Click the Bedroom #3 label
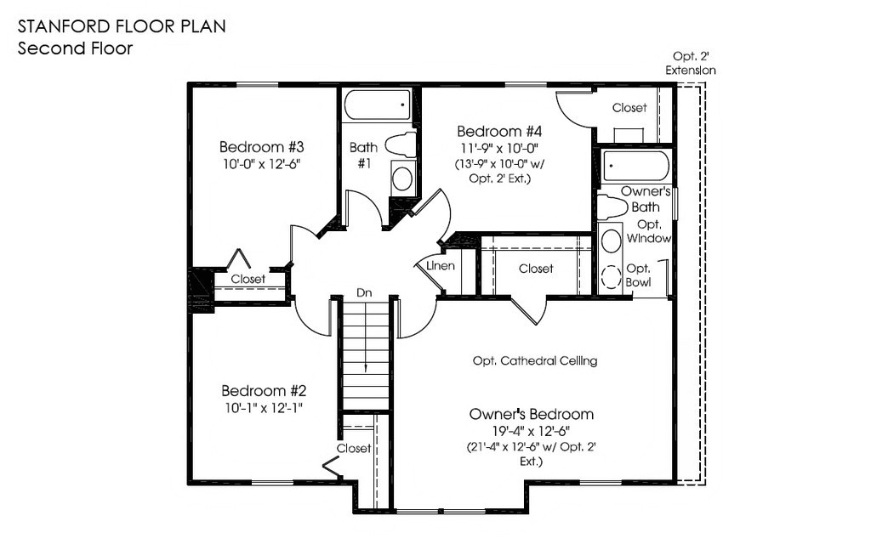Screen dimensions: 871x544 (x=262, y=147)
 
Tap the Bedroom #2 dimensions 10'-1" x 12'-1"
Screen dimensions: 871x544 (x=264, y=408)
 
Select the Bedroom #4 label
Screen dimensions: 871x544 (x=499, y=132)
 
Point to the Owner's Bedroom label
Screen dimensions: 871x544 (x=532, y=414)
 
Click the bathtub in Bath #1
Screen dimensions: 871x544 (x=377, y=105)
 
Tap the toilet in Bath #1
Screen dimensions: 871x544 (x=400, y=144)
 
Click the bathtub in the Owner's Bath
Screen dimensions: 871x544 (x=636, y=166)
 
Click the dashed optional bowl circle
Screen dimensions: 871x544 (x=612, y=276)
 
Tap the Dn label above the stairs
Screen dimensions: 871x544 (x=364, y=292)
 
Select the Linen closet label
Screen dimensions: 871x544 (x=441, y=266)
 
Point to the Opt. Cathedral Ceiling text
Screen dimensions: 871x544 (x=535, y=360)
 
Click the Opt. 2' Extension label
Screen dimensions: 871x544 (x=691, y=63)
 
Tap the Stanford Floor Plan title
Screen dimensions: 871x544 (x=122, y=26)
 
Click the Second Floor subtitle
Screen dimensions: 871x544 (x=75, y=48)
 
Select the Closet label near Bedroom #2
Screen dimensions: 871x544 (x=354, y=448)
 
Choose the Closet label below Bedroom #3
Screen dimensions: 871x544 (x=248, y=279)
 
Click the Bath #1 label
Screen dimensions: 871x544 (x=364, y=156)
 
